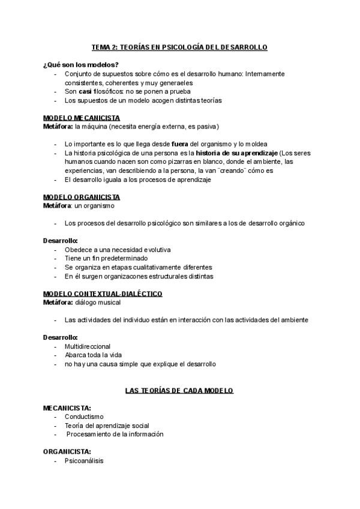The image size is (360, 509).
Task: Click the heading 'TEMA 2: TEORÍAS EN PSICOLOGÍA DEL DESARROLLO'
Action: [179, 46]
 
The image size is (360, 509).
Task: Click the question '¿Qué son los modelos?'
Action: [80, 64]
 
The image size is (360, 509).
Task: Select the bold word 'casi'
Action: [85, 91]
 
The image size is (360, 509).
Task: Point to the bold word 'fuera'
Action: [180, 144]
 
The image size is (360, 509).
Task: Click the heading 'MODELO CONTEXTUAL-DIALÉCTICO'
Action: [103, 294]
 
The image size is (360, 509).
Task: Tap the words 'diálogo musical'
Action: [98, 302]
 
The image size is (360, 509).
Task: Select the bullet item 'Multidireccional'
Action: [88, 346]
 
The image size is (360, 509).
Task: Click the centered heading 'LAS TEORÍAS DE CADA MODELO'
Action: [179, 390]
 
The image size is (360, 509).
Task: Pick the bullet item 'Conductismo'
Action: [84, 416]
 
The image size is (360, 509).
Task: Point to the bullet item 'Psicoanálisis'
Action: [84, 460]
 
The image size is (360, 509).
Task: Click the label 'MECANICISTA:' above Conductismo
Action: [67, 408]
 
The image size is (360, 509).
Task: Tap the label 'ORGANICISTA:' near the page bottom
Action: [67, 451]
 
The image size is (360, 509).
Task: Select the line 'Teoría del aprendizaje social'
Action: [107, 425]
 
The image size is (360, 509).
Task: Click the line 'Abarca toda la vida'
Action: [93, 355]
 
